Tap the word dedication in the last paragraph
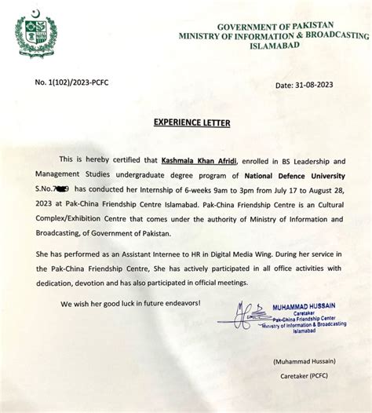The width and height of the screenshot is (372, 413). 62,288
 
